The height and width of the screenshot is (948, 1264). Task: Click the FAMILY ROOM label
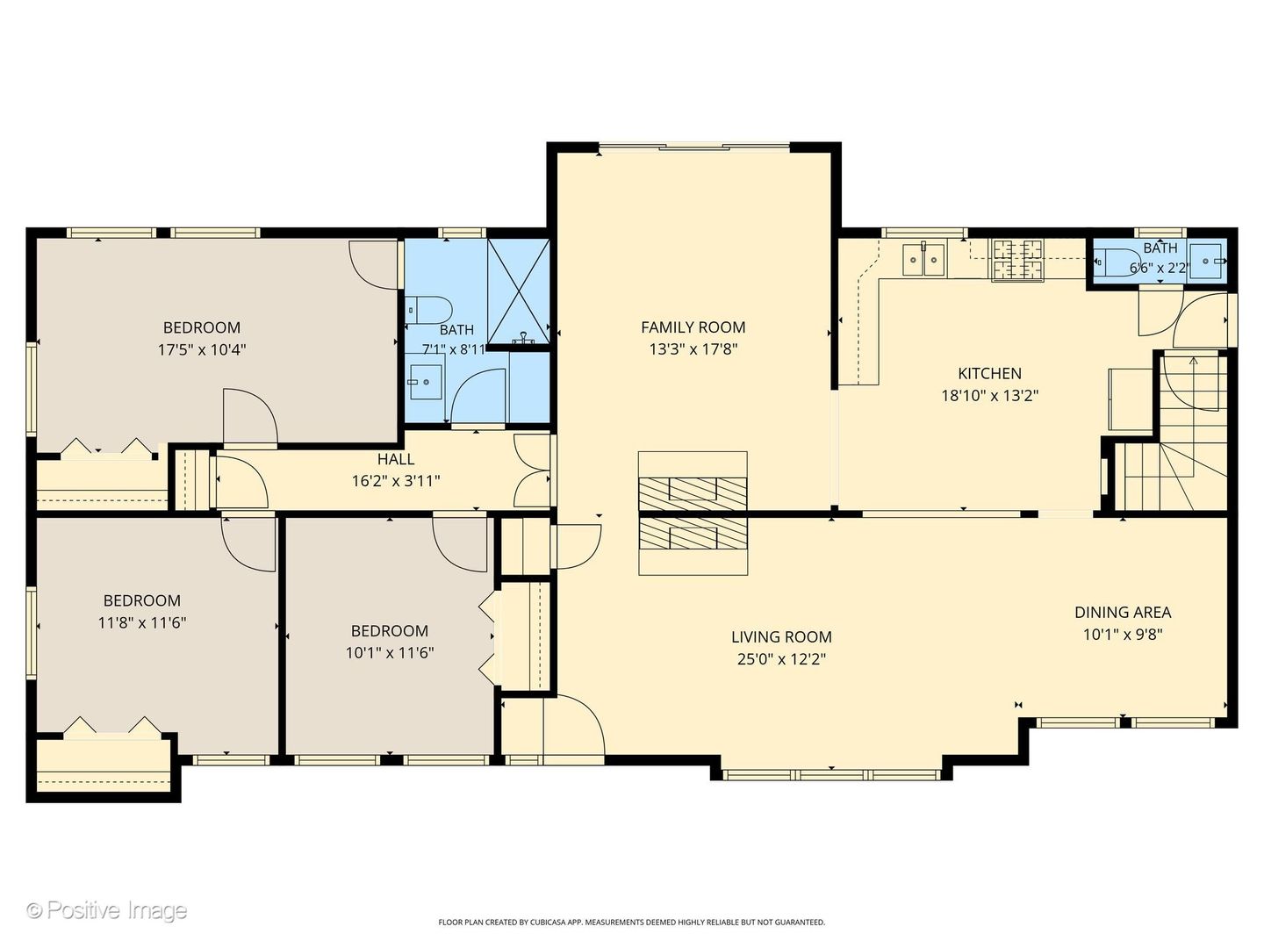coord(693,327)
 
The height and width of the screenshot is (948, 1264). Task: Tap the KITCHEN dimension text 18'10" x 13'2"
coord(989,396)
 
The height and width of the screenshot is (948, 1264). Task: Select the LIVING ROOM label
coord(781,637)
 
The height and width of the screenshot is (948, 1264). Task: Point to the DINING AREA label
coord(1123,613)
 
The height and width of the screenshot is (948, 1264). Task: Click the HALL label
coord(396,459)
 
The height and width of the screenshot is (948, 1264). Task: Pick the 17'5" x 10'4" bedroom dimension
coord(202,350)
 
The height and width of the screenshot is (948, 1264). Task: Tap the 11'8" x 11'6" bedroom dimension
coord(141,623)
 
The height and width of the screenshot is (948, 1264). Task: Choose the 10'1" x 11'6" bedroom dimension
coord(389,653)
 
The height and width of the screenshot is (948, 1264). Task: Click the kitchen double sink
coord(923,260)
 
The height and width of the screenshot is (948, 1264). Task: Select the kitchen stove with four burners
coord(1016,260)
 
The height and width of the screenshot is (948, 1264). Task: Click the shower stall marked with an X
coord(518,291)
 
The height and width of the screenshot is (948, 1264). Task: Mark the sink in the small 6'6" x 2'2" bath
coord(1205,261)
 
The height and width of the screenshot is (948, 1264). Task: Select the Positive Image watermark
coord(107,910)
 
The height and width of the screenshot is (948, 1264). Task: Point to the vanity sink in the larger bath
coord(425,382)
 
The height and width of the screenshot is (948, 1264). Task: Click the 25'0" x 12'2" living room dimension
coord(781,659)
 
